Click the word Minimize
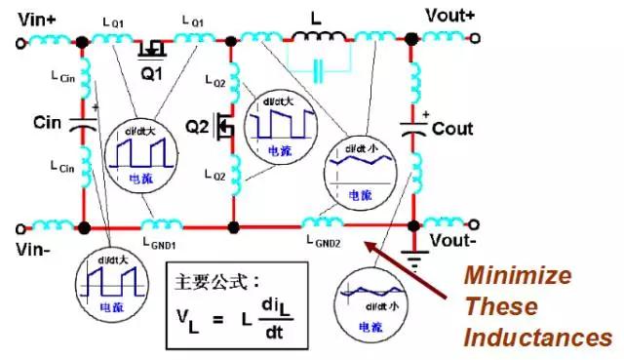click(517, 275)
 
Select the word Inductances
click(537, 338)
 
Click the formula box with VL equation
click(233, 306)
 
